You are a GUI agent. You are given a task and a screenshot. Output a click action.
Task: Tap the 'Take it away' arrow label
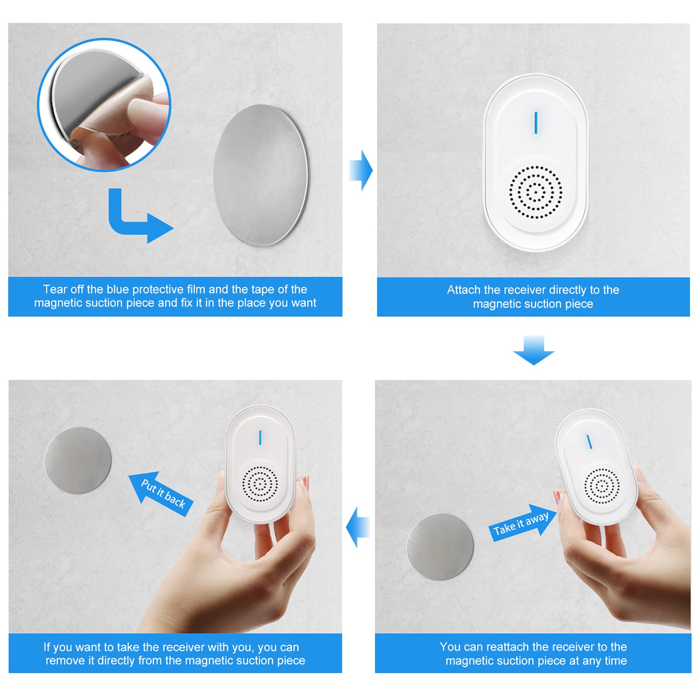click(521, 523)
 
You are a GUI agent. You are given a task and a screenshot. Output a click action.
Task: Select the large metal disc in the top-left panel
click(261, 175)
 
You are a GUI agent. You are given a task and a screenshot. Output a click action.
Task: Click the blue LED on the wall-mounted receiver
click(536, 123)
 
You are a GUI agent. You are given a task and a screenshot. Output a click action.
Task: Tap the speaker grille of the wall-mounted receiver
click(535, 192)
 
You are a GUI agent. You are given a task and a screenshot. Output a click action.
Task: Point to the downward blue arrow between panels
click(533, 350)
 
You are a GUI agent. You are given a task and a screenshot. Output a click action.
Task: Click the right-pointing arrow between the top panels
click(361, 170)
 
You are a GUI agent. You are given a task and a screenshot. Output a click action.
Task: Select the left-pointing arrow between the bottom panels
click(358, 527)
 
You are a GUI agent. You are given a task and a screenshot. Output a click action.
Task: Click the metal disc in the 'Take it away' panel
click(440, 547)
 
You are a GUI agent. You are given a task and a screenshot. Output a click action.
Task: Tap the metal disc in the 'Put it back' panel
click(78, 460)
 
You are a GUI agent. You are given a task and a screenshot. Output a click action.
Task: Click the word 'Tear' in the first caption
click(55, 289)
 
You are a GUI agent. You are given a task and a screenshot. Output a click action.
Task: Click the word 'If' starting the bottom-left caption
click(47, 647)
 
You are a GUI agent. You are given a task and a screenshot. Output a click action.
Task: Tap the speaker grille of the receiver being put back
click(260, 484)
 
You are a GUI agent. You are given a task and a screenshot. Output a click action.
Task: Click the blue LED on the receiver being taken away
click(589, 442)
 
